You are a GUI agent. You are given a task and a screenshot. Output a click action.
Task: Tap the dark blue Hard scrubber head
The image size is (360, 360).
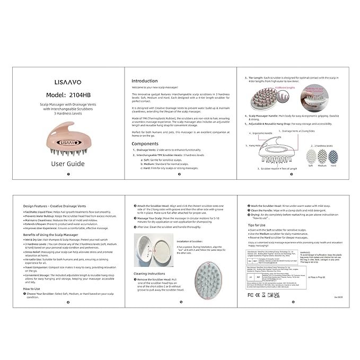pos(332,156)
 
